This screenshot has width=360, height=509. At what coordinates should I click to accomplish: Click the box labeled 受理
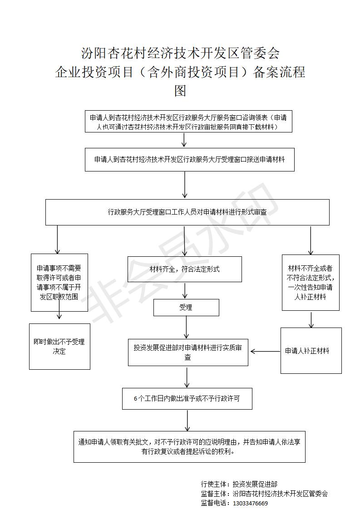[186, 308]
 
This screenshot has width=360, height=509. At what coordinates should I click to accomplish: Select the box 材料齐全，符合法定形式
[185, 269]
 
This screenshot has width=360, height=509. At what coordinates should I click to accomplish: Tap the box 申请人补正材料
[311, 351]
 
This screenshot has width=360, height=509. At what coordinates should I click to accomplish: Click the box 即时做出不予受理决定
[59, 347]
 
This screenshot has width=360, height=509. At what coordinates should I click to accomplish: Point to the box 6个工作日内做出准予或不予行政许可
[187, 398]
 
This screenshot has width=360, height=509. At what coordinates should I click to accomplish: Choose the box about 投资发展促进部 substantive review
[188, 352]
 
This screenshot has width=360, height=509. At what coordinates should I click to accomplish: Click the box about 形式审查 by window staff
[187, 212]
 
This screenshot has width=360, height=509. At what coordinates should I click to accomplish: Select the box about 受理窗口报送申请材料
[190, 159]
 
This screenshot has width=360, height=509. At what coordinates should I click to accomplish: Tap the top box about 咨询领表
[188, 122]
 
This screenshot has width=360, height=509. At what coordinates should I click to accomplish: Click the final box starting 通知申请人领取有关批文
[189, 447]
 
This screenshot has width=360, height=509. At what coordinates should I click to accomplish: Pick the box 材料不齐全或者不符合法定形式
[311, 283]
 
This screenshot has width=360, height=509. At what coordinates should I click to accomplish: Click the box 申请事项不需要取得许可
[59, 283]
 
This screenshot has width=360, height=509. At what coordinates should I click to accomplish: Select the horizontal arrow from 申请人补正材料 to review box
[266, 351]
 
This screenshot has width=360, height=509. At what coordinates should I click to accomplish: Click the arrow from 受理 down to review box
[187, 327]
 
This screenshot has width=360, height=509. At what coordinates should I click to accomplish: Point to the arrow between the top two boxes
[184, 140]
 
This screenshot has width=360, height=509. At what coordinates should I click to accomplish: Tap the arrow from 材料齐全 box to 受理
[185, 290]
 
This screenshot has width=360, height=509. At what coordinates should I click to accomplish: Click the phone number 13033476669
[251, 504]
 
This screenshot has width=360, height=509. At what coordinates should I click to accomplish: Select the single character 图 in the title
[180, 91]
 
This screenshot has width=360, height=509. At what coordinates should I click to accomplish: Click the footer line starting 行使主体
[239, 485]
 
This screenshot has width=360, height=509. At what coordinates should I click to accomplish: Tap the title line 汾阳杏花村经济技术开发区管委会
[180, 53]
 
